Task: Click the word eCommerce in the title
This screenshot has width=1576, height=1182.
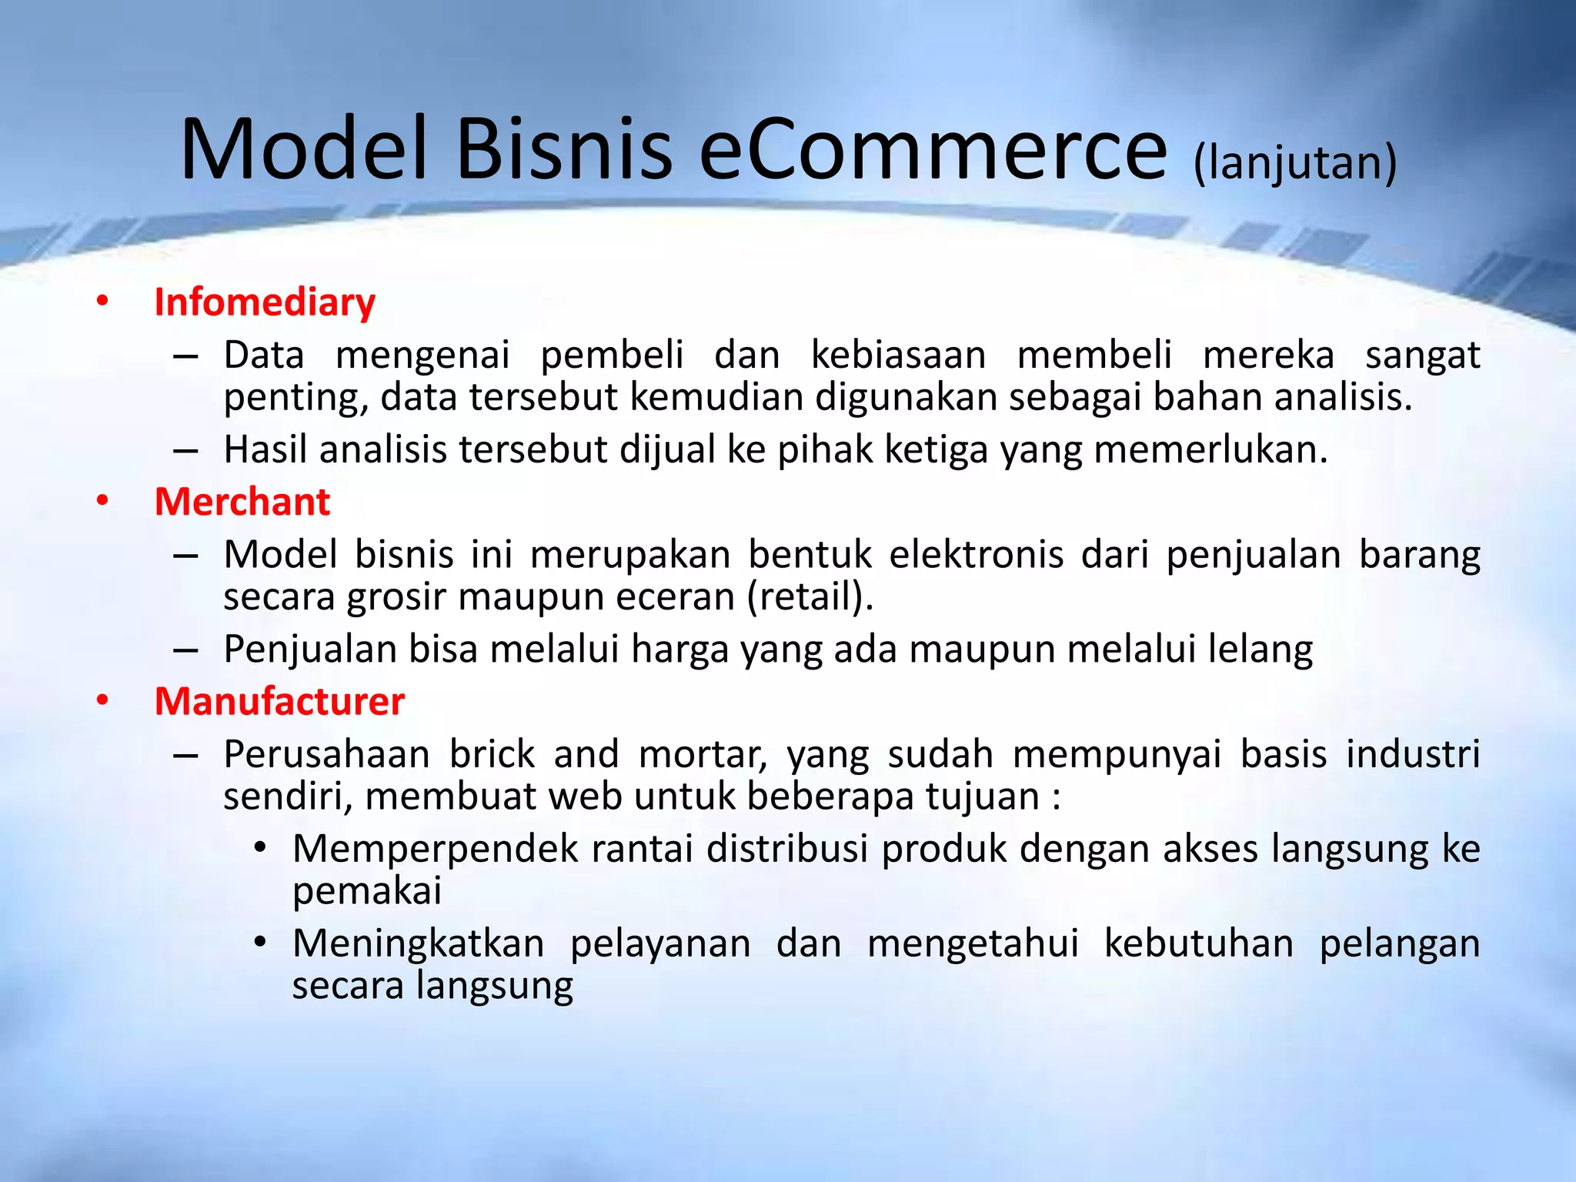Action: [933, 149]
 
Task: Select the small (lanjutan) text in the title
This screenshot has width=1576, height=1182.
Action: [1295, 163]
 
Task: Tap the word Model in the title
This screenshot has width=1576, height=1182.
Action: [303, 149]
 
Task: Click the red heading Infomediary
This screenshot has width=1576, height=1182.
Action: [265, 302]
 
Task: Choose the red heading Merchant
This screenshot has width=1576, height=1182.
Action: [242, 502]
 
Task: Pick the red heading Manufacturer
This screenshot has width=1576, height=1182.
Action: [279, 701]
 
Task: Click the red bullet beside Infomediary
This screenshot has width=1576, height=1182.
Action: [102, 302]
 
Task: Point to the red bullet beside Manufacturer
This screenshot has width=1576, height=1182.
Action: [102, 701]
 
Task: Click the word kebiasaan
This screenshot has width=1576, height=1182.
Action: [898, 356]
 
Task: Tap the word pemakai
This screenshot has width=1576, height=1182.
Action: [366, 891]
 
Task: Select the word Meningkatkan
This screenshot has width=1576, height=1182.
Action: [419, 943]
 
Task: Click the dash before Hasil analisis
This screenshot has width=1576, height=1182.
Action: [185, 450]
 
